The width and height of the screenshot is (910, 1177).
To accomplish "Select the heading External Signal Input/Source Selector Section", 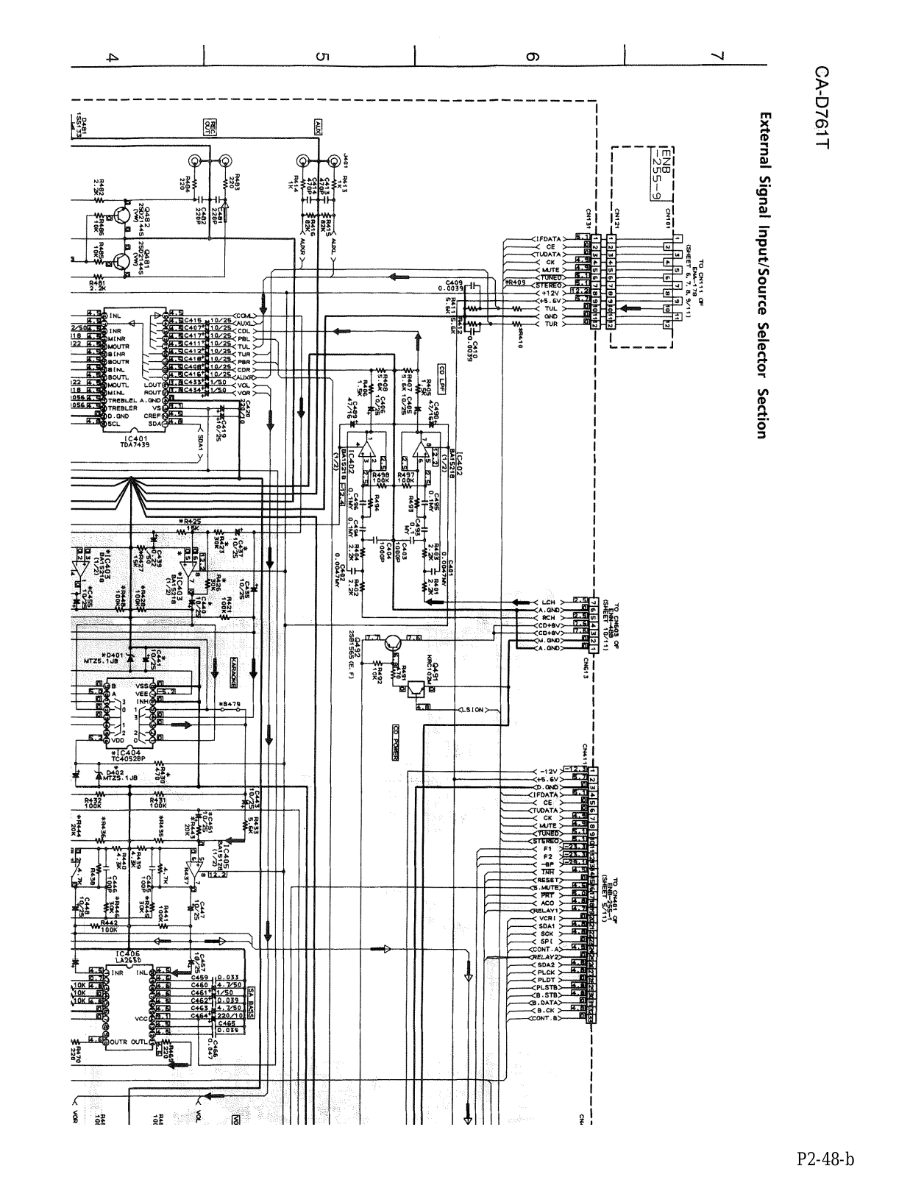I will click(x=765, y=275).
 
